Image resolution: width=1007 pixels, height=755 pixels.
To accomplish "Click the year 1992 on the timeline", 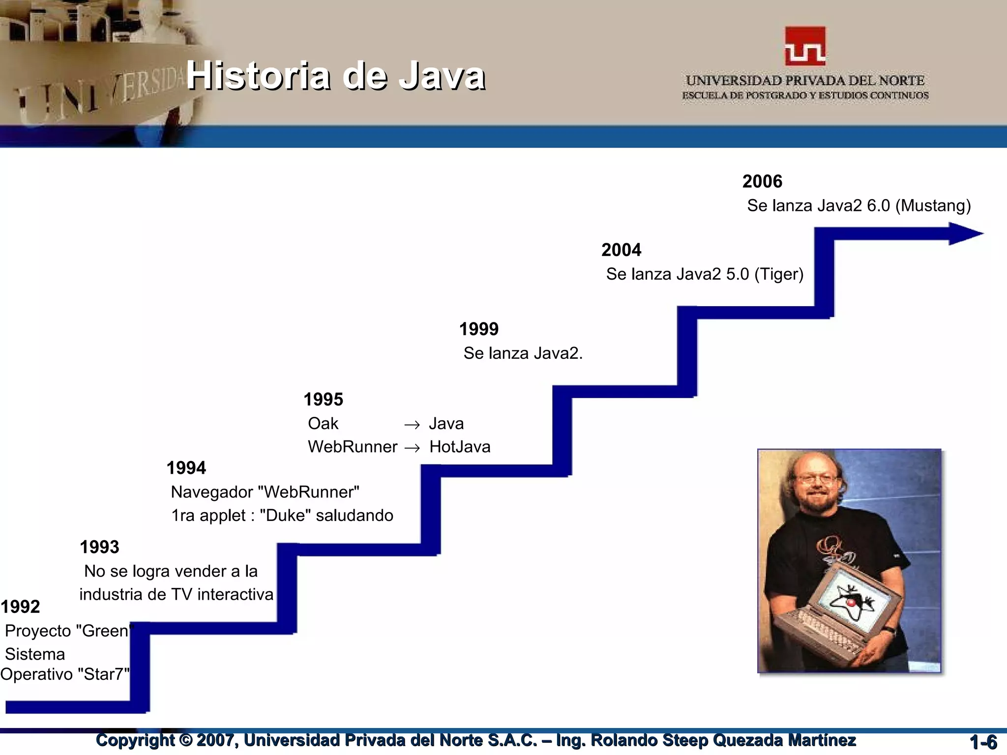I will (20, 607).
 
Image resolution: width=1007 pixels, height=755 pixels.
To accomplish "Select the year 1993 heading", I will (99, 547).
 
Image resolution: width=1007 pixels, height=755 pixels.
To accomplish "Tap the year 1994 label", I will (186, 468).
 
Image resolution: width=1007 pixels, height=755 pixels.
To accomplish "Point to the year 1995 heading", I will (323, 400).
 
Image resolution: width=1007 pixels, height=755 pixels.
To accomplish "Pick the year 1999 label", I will (478, 329).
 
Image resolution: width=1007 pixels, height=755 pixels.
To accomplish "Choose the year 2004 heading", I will (621, 250).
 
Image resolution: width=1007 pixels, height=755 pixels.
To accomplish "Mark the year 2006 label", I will (762, 181).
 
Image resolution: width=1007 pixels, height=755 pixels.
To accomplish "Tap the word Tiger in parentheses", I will (779, 274).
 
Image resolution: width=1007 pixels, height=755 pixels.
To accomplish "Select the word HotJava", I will (460, 447).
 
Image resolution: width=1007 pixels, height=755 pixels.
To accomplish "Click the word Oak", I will (323, 423).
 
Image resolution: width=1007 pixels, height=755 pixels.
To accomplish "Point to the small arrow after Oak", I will (412, 425).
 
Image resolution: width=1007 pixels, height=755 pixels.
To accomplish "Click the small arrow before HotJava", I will (412, 448).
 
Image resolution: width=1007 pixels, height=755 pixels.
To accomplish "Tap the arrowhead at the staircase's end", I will (965, 233).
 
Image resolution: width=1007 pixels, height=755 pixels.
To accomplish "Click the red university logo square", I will (805, 46).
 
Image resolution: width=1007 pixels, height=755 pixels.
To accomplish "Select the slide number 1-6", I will (983, 742).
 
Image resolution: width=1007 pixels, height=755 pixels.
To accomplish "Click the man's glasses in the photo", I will (816, 478).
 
